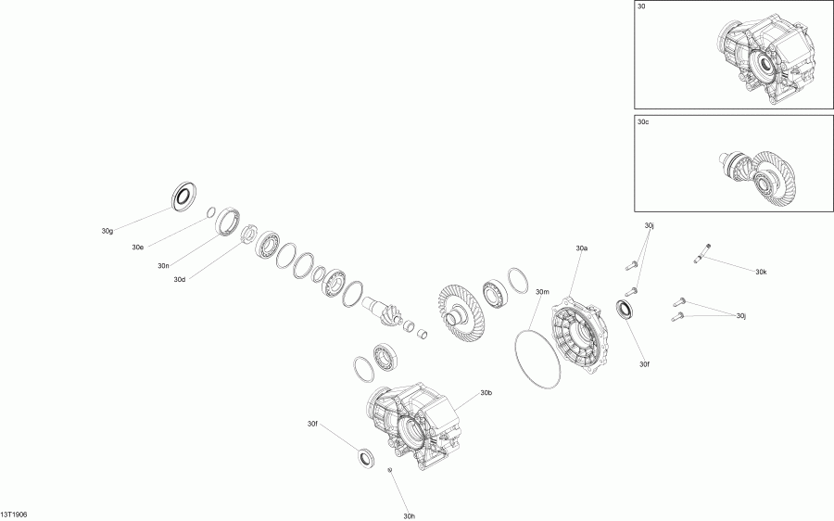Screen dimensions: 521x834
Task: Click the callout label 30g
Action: click(x=107, y=230)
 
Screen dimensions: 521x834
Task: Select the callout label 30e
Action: click(x=137, y=248)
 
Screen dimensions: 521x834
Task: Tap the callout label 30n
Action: click(x=163, y=266)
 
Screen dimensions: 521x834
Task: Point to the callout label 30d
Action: click(x=180, y=279)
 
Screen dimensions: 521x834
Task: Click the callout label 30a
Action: click(x=582, y=248)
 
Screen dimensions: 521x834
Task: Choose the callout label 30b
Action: click(x=486, y=393)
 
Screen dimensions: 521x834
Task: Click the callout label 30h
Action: click(x=410, y=515)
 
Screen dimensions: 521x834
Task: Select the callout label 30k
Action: click(x=761, y=273)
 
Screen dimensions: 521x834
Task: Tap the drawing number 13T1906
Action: click(x=14, y=513)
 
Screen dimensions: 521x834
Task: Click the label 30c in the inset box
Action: click(x=643, y=121)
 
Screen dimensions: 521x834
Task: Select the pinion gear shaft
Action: click(x=384, y=308)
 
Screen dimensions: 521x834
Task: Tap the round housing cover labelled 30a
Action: click(x=579, y=335)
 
